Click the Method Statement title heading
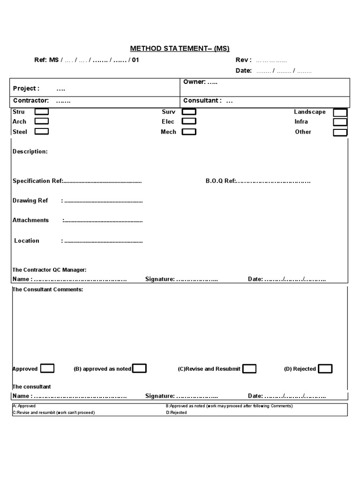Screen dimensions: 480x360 180,48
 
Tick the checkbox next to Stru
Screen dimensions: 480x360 42,112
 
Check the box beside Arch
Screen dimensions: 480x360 42,121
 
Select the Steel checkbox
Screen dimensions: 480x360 42,131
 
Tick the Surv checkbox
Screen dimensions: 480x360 189,112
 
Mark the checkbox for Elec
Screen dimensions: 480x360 189,121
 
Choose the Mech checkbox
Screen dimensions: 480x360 189,132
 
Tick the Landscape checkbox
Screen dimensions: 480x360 340,112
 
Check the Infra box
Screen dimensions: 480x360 340,122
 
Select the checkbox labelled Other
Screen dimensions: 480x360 340,132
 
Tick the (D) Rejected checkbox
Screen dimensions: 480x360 325,369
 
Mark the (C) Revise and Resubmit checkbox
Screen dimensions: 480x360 249,369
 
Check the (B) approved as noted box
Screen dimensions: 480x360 140,368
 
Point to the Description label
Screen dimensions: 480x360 30,152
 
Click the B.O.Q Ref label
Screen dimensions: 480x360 220,181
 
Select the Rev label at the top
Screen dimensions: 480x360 243,60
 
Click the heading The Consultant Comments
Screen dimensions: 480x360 48,290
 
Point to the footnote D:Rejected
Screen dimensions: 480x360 176,412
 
